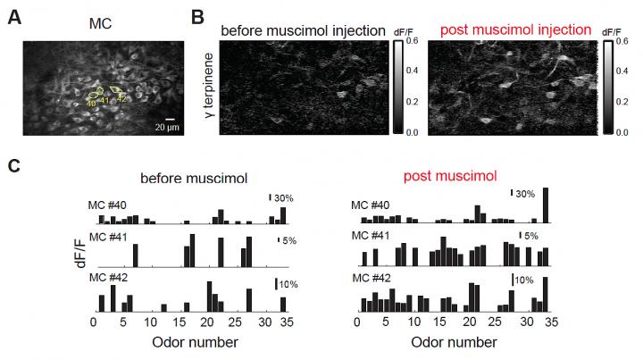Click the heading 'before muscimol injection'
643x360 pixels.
click(x=301, y=30)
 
